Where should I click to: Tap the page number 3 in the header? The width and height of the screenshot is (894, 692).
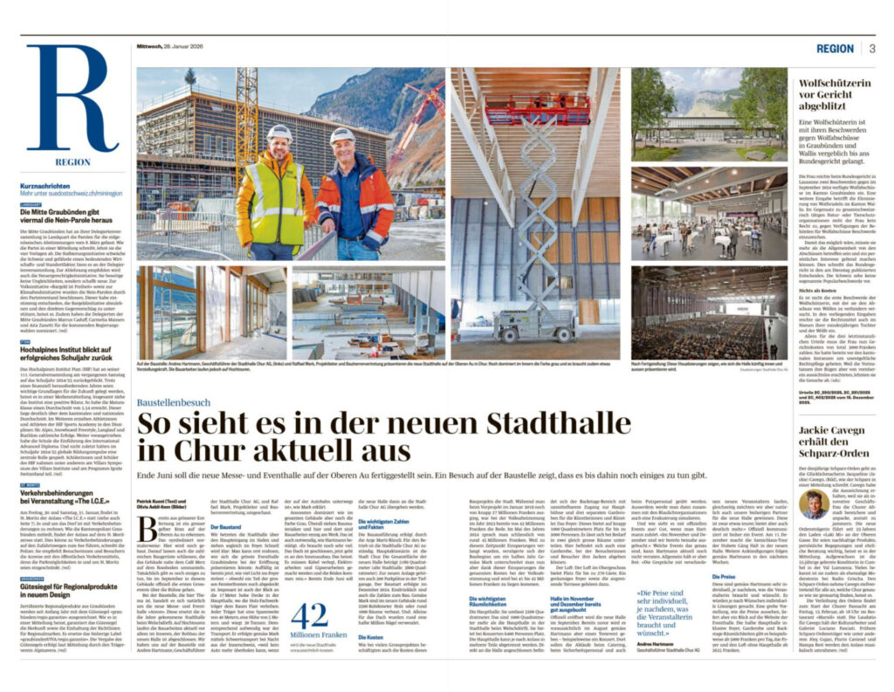tap(871, 49)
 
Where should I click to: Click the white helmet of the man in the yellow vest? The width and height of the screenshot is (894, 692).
tap(279, 133)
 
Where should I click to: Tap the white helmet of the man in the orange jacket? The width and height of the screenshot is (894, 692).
tap(342, 136)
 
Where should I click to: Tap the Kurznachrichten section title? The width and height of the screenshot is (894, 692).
tap(52, 187)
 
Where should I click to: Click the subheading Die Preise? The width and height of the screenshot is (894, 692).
tap(727, 552)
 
